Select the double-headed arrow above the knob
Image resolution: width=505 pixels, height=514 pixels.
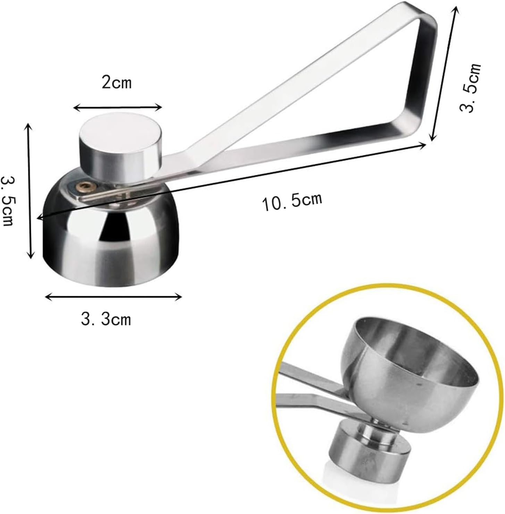point(118,108)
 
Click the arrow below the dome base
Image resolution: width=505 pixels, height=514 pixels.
point(114,297)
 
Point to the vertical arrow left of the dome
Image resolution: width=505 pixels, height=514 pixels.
point(29,191)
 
